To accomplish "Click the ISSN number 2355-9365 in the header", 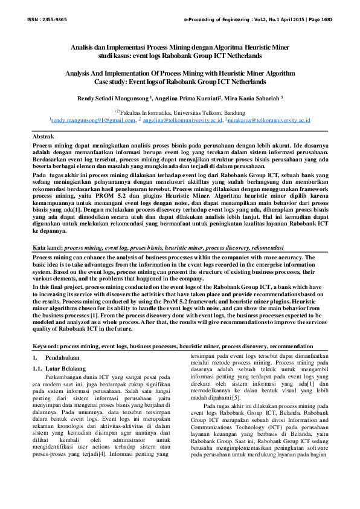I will coord(54,20).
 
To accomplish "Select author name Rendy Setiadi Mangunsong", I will coord(112,97).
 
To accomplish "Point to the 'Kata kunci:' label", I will coord(47,248).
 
